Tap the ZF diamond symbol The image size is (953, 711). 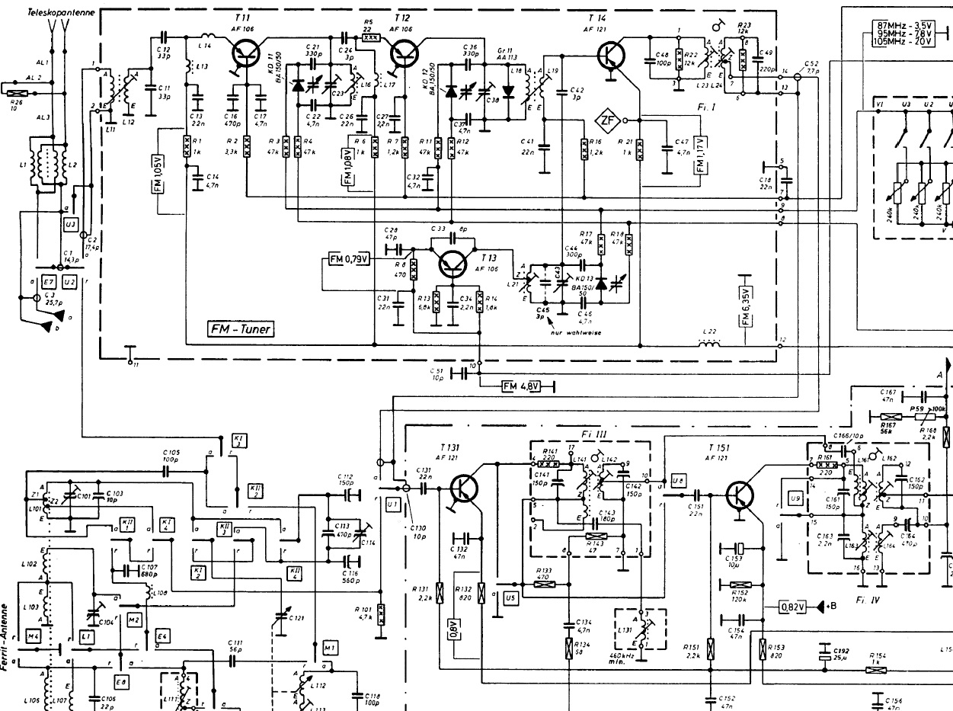point(607,120)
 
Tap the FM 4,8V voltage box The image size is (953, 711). point(521,386)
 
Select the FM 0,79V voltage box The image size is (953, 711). point(349,259)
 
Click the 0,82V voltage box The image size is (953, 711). point(794,607)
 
